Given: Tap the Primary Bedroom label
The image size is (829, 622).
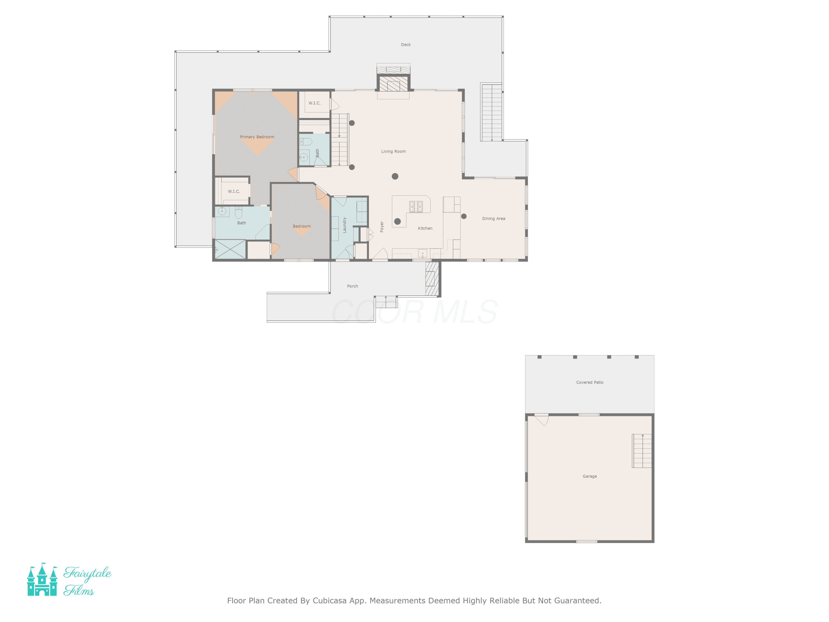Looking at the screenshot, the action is pos(257,137).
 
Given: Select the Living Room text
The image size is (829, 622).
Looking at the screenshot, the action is pos(393,151).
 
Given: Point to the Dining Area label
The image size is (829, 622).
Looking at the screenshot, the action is pos(493,219).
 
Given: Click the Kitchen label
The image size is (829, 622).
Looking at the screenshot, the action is pos(425,228).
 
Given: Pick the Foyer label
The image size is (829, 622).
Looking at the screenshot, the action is pos(382,226).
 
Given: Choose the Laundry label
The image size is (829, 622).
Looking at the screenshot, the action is pos(344,225).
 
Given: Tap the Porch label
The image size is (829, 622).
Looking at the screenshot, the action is pos(352,286).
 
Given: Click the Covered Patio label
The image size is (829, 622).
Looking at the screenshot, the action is pos(589,382).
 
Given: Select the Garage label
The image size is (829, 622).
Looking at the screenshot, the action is pos(589,476).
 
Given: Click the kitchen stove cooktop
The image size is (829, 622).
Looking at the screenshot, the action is pos(416,207).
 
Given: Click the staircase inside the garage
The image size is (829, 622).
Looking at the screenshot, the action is pos(642,451).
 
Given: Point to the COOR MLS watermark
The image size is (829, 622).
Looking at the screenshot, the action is pos(414,312).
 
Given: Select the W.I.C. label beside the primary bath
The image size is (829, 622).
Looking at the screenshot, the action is pos(234,192).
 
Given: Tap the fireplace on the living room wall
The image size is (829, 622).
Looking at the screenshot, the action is pos(393,83).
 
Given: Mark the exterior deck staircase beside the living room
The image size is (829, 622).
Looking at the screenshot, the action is pos(491,113).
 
